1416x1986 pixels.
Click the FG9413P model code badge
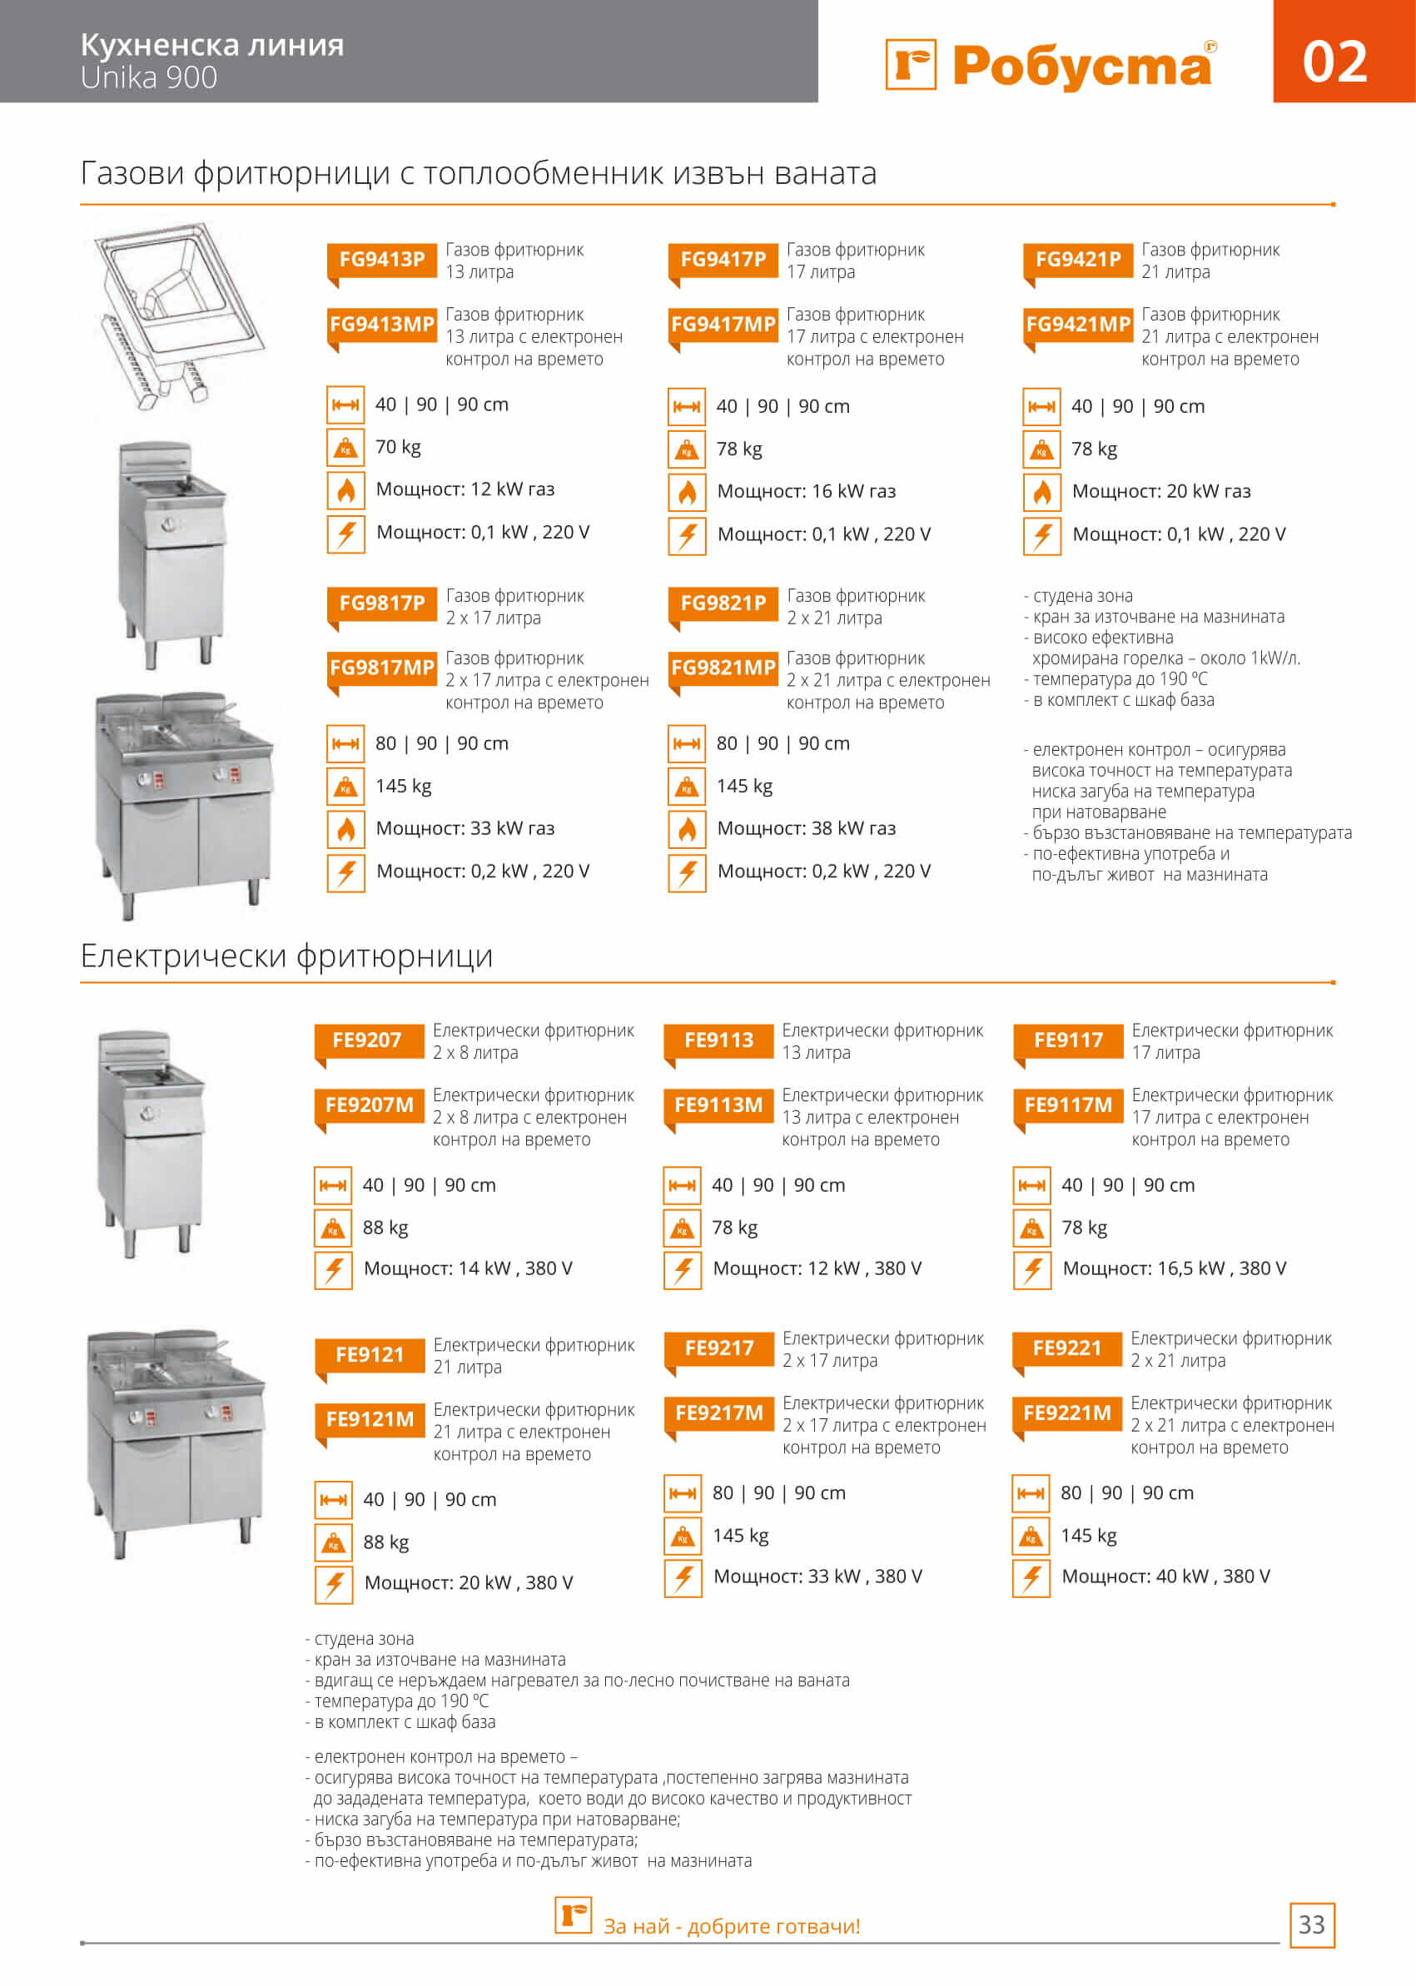381,260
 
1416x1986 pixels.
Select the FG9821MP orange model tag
722,668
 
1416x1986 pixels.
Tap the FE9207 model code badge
367,1040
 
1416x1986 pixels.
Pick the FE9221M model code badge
1066,1413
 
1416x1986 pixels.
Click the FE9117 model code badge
1067,1040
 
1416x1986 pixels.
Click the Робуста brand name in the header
1081,67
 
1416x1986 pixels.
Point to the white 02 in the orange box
1334,62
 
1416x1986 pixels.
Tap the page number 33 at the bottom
1311,1924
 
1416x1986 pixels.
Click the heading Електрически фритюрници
287,956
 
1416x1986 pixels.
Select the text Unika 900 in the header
149,77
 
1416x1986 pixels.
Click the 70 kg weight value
398,447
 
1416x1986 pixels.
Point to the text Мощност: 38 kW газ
806,828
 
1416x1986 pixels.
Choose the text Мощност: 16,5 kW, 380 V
1174,1269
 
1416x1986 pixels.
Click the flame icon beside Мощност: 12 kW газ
346,490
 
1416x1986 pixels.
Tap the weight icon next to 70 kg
346,447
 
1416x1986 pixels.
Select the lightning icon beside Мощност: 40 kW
1031,1577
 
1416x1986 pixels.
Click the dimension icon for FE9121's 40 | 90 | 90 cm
333,1500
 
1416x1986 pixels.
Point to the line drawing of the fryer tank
179,314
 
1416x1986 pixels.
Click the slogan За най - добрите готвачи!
732,1926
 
